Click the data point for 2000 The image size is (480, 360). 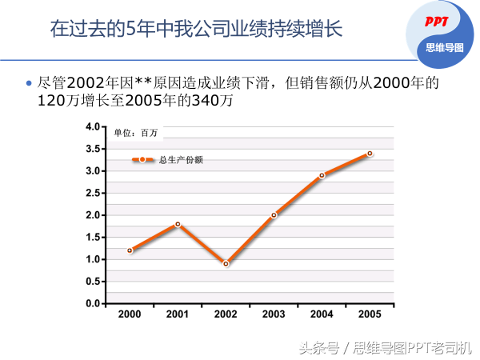click(x=130, y=250)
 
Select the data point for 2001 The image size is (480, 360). click(x=178, y=224)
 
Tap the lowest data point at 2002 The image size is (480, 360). click(x=226, y=263)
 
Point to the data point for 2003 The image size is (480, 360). click(x=274, y=215)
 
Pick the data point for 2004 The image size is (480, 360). click(x=322, y=175)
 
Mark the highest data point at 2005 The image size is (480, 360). click(x=370, y=153)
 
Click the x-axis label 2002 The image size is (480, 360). click(x=226, y=314)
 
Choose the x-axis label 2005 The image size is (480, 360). click(x=370, y=314)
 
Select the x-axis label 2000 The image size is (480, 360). click(x=130, y=314)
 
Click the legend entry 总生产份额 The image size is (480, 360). click(x=181, y=160)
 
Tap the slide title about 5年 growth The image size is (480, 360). click(x=196, y=30)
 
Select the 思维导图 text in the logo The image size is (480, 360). click(x=445, y=47)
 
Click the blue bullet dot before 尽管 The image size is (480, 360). click(x=29, y=83)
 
